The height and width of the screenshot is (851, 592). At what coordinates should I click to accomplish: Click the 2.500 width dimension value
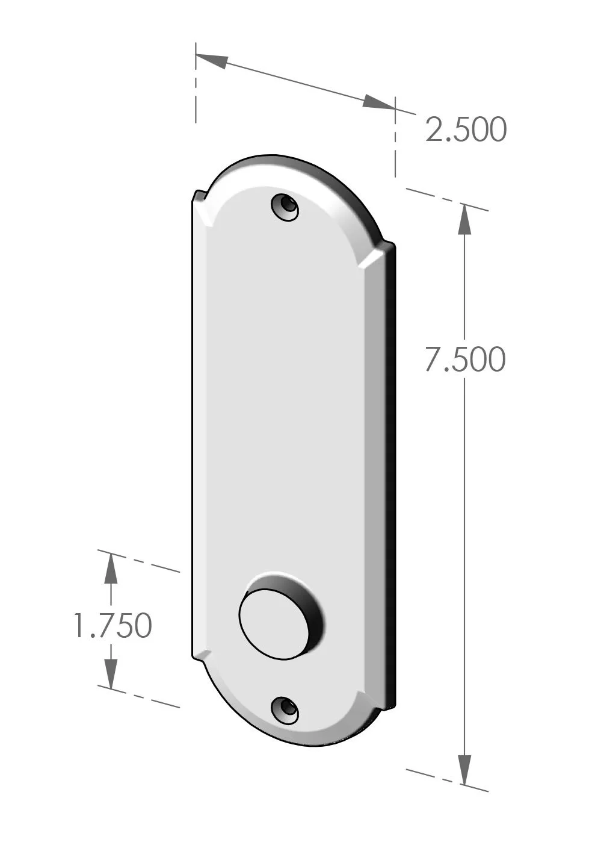[x=466, y=129]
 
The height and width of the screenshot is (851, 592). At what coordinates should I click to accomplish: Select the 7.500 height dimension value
[x=464, y=360]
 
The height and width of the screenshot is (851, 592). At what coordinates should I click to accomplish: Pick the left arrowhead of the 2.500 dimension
[x=211, y=60]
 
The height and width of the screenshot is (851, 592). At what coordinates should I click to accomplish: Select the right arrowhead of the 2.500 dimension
[x=378, y=103]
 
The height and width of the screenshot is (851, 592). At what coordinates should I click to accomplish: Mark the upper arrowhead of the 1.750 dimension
[x=110, y=569]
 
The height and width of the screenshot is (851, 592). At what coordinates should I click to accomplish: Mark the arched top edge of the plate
[x=283, y=159]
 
